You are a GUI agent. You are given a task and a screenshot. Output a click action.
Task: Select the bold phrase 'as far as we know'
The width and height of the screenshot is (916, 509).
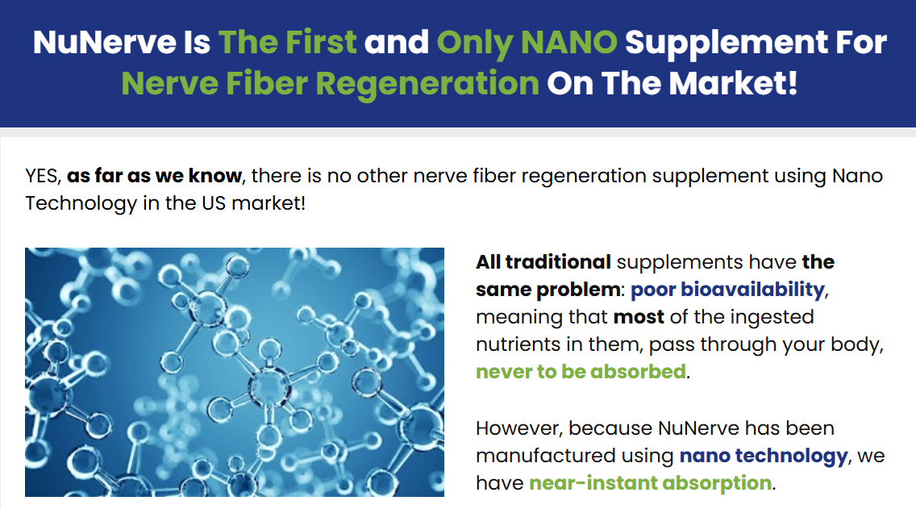coord(154,176)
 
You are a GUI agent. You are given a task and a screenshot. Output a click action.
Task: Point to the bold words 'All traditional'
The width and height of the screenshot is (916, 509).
coord(543,262)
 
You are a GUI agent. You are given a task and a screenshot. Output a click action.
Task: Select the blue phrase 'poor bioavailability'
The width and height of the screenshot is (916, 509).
coord(727,290)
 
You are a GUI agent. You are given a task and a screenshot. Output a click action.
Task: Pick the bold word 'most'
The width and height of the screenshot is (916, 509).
coord(638,317)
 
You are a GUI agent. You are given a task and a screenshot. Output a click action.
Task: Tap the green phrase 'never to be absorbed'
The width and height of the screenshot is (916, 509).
coord(581,372)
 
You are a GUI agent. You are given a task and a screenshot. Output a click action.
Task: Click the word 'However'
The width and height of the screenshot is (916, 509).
coord(518,428)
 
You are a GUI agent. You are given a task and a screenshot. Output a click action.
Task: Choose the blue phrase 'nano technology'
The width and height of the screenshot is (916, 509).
coord(763,456)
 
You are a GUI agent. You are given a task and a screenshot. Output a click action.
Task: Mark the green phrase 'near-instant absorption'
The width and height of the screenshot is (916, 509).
coord(650,483)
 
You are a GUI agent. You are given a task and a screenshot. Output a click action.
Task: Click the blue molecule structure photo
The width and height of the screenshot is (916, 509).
coord(235,372)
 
